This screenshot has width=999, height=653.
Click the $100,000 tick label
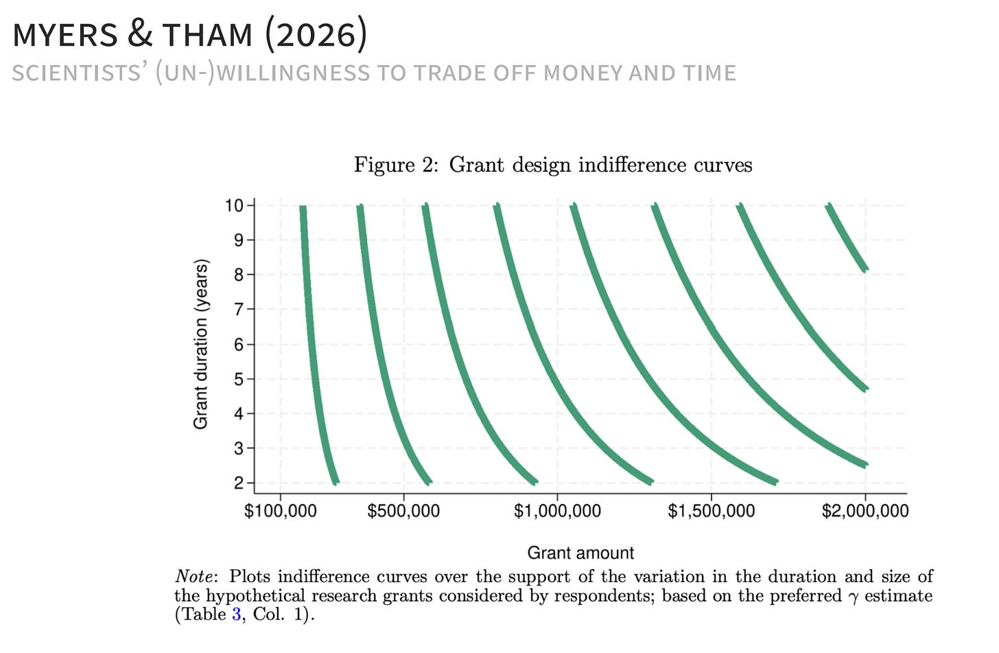[280, 511]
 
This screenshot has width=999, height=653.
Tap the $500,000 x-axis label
[403, 511]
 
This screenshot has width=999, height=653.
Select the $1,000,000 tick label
[557, 511]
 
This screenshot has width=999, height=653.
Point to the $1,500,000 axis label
[711, 511]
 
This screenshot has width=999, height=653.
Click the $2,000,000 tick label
[865, 511]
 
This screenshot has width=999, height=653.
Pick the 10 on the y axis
[234, 206]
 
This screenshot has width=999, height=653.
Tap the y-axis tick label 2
[239, 483]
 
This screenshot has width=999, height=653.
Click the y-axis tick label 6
[239, 345]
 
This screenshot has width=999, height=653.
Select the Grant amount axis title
[580, 553]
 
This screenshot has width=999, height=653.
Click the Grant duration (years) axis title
[200, 344]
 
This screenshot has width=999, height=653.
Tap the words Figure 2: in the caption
[397, 165]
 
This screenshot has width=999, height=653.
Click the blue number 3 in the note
[236, 615]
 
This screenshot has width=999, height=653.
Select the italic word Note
[194, 576]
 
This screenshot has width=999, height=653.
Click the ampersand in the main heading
[139, 34]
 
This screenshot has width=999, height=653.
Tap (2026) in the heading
[316, 34]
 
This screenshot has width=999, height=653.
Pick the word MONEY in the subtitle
[583, 73]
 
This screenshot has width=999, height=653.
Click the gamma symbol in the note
[853, 597]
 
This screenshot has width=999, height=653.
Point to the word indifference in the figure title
[633, 165]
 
